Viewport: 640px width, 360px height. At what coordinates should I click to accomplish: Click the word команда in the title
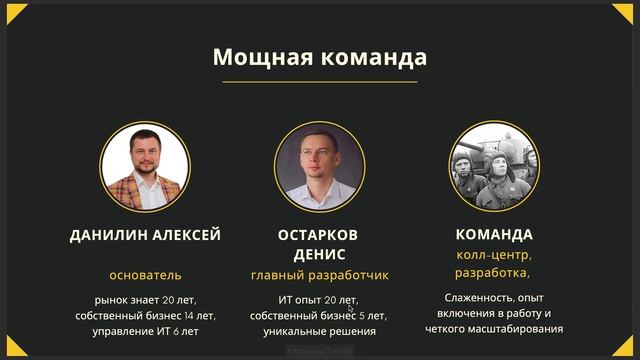coord(369,56)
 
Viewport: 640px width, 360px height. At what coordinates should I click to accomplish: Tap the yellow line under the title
coord(319,81)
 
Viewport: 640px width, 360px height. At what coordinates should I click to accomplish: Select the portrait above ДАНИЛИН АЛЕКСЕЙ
coord(145,166)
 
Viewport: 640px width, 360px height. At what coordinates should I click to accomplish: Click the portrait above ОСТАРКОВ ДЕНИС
coord(319,166)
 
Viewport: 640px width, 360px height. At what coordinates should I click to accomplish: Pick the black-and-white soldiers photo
coord(494,166)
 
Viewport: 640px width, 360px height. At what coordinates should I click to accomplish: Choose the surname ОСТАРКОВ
coord(319,235)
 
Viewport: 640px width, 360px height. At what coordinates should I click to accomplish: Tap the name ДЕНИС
coord(319,254)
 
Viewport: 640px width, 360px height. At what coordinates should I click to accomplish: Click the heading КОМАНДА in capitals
coord(494,235)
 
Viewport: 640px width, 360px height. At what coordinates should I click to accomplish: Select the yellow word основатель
coord(145,275)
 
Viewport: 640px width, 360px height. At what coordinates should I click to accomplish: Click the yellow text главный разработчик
coord(319,275)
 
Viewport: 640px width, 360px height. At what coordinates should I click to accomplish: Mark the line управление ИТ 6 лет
coord(145,331)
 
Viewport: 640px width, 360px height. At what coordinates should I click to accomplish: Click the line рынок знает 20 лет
coord(145,299)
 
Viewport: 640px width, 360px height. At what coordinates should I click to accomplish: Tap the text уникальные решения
coord(319,331)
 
